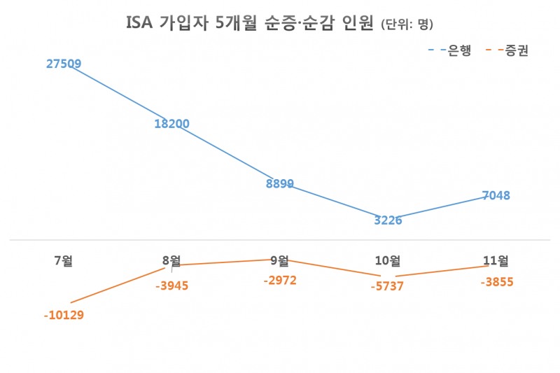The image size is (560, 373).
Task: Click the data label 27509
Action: [x=64, y=64]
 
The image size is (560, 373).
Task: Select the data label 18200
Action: [x=171, y=124]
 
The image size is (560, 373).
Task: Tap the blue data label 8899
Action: [x=279, y=184]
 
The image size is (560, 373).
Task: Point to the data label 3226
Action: [x=388, y=220]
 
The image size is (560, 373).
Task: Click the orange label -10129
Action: [x=64, y=315]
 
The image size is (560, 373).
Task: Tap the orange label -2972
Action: [x=279, y=280]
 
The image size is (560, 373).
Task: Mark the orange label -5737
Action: [x=388, y=288]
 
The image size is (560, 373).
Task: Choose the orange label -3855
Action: [x=496, y=281]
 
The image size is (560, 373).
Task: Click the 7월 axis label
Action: [x=64, y=261]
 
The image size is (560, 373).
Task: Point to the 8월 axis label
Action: [x=171, y=261]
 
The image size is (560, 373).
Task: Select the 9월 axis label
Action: [x=279, y=261]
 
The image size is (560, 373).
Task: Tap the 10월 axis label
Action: [x=388, y=261]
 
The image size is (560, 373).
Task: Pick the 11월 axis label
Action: [x=496, y=261]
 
